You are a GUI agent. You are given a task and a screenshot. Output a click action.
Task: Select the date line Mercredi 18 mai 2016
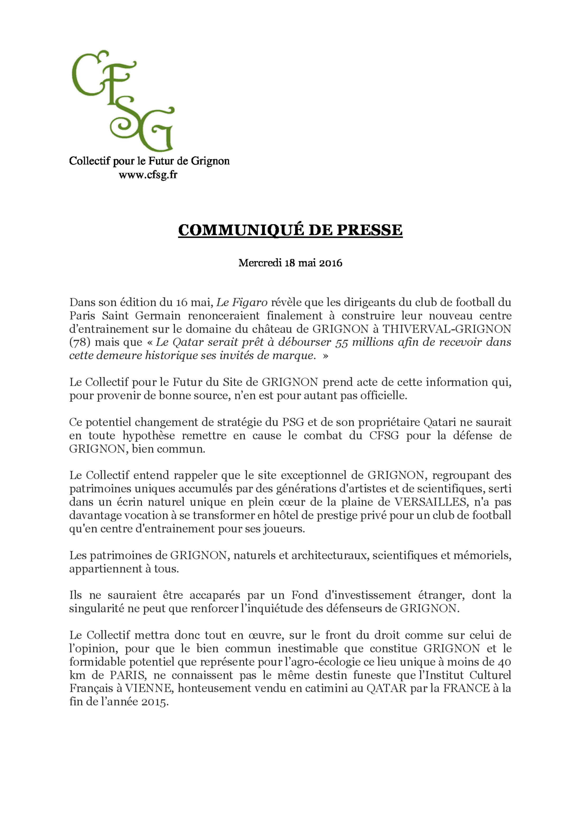290,263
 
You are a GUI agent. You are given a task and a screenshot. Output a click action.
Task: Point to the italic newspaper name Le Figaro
242,303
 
